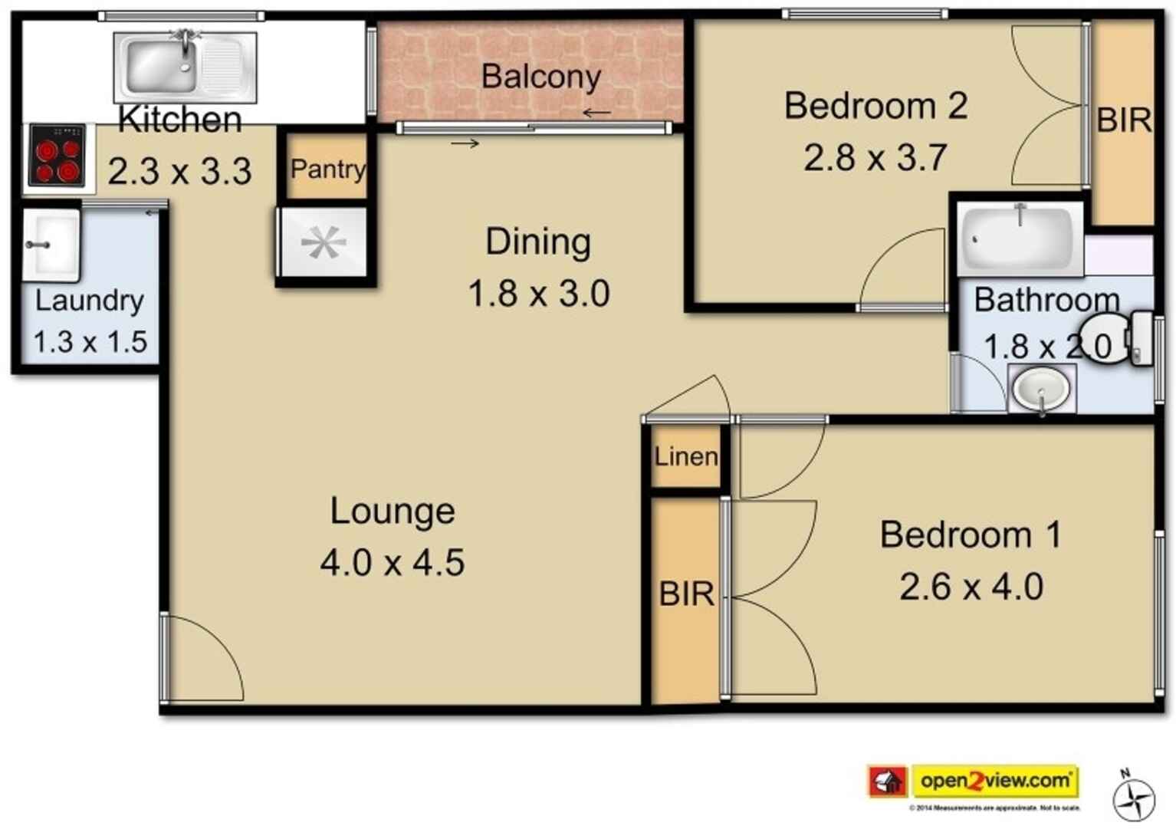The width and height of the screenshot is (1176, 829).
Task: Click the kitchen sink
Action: [184, 67]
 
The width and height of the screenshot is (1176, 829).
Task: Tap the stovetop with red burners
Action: [57, 156]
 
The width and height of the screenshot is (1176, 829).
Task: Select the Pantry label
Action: [327, 169]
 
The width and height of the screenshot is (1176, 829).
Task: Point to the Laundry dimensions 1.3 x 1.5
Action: [90, 341]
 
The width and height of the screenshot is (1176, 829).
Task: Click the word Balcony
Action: [540, 77]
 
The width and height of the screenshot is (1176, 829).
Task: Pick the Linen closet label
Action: [686, 457]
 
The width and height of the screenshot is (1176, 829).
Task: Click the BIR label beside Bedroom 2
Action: [1123, 120]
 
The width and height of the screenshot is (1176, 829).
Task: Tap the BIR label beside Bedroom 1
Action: [686, 594]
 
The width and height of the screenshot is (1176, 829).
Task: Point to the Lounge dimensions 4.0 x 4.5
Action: [392, 563]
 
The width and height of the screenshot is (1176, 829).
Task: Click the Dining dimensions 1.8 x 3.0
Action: [538, 294]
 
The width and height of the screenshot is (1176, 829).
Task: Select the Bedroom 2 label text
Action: [875, 106]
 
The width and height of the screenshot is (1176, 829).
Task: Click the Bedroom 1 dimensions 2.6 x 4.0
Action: [971, 587]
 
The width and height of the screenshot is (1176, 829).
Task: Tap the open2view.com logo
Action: [995, 781]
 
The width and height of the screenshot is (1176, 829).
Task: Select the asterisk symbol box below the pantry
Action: [324, 244]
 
